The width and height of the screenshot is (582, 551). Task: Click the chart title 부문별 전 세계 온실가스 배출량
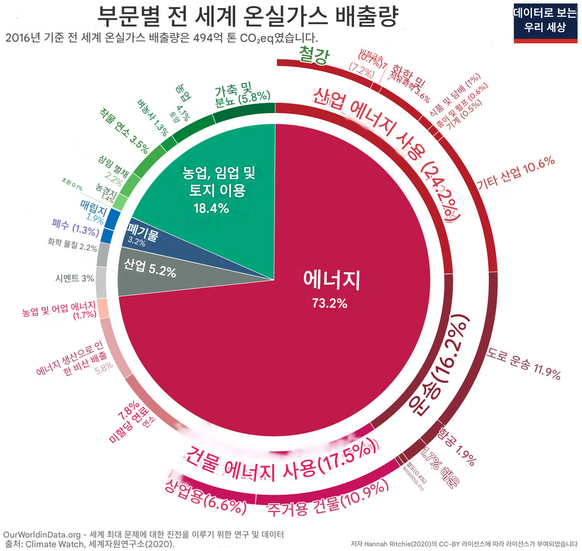pyautogui.click(x=247, y=17)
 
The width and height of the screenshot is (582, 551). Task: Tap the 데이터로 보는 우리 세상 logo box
pyautogui.click(x=545, y=21)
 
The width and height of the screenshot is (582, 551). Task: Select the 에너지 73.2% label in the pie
pyautogui.click(x=331, y=288)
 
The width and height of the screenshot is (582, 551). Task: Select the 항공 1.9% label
pyautogui.click(x=456, y=446)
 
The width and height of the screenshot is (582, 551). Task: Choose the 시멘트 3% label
pyautogui.click(x=75, y=278)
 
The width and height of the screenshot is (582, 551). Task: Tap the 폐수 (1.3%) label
pyautogui.click(x=75, y=227)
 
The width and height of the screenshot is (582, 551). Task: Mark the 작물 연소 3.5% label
pyautogui.click(x=124, y=130)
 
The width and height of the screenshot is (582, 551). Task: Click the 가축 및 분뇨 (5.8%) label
pyautogui.click(x=242, y=95)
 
